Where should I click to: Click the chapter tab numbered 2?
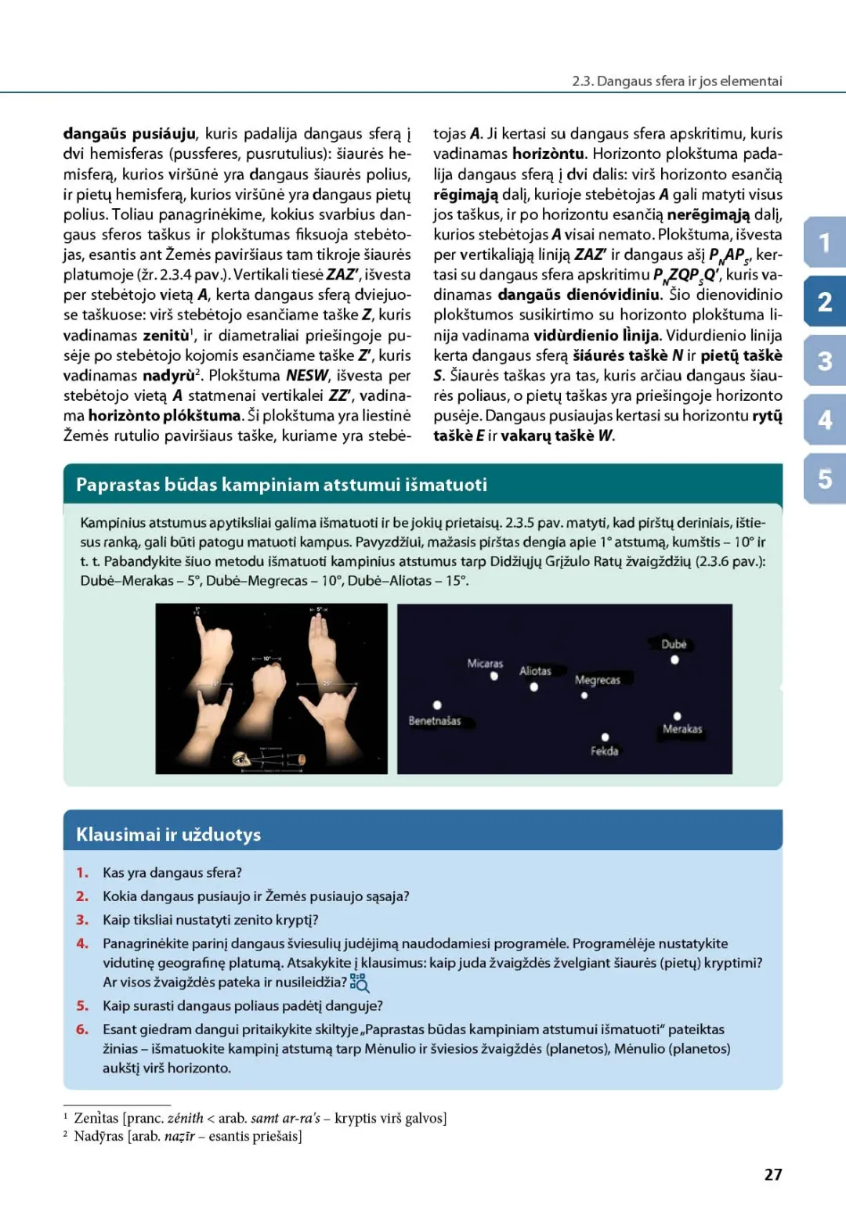(x=825, y=301)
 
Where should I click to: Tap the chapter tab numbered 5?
(x=825, y=478)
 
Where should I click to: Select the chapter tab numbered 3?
(x=825, y=361)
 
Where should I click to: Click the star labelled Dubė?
(x=674, y=660)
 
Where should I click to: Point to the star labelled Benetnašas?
(x=437, y=705)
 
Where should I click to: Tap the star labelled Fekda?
(x=605, y=737)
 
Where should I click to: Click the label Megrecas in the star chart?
(x=597, y=680)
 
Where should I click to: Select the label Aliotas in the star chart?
(x=535, y=671)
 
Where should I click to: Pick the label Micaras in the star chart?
(x=485, y=663)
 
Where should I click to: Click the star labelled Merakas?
(x=677, y=716)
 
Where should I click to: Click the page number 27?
(x=773, y=1174)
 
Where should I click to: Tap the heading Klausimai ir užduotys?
(x=168, y=835)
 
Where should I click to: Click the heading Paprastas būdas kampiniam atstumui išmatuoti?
(x=281, y=485)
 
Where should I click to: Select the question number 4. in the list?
(x=82, y=943)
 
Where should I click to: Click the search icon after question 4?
(x=360, y=983)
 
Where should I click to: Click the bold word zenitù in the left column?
(x=166, y=335)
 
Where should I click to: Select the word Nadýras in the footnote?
(x=97, y=1136)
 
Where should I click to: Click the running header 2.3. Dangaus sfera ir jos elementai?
(x=677, y=81)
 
